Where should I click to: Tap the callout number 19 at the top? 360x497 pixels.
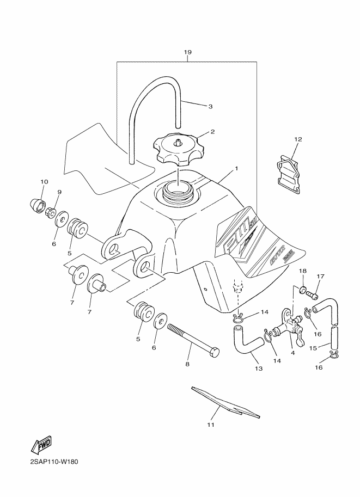point(187,52)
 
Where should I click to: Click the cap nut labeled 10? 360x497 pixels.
point(38,204)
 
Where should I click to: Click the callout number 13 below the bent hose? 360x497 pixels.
point(258,369)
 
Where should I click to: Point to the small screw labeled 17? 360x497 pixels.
point(313,294)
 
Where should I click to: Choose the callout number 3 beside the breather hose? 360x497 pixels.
point(210,106)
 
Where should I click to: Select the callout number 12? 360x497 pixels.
point(297,139)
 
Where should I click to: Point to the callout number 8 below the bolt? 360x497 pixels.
point(187,364)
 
